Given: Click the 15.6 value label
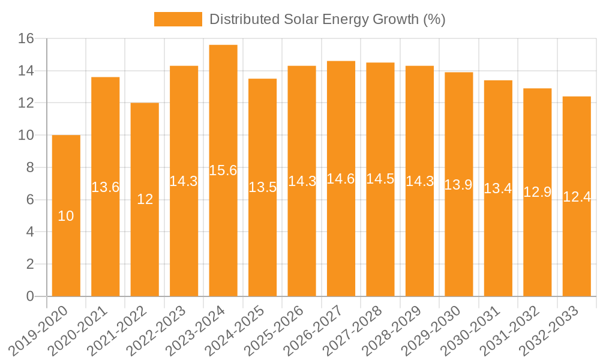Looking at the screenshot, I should pyautogui.click(x=223, y=170).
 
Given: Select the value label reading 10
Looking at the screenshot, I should pyautogui.click(x=66, y=216).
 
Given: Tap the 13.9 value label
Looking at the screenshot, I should pyautogui.click(x=458, y=185).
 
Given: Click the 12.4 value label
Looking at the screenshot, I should pyautogui.click(x=577, y=196).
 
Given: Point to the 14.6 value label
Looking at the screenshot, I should pyautogui.click(x=341, y=179).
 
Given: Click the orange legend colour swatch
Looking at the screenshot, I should pyautogui.click(x=178, y=19).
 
